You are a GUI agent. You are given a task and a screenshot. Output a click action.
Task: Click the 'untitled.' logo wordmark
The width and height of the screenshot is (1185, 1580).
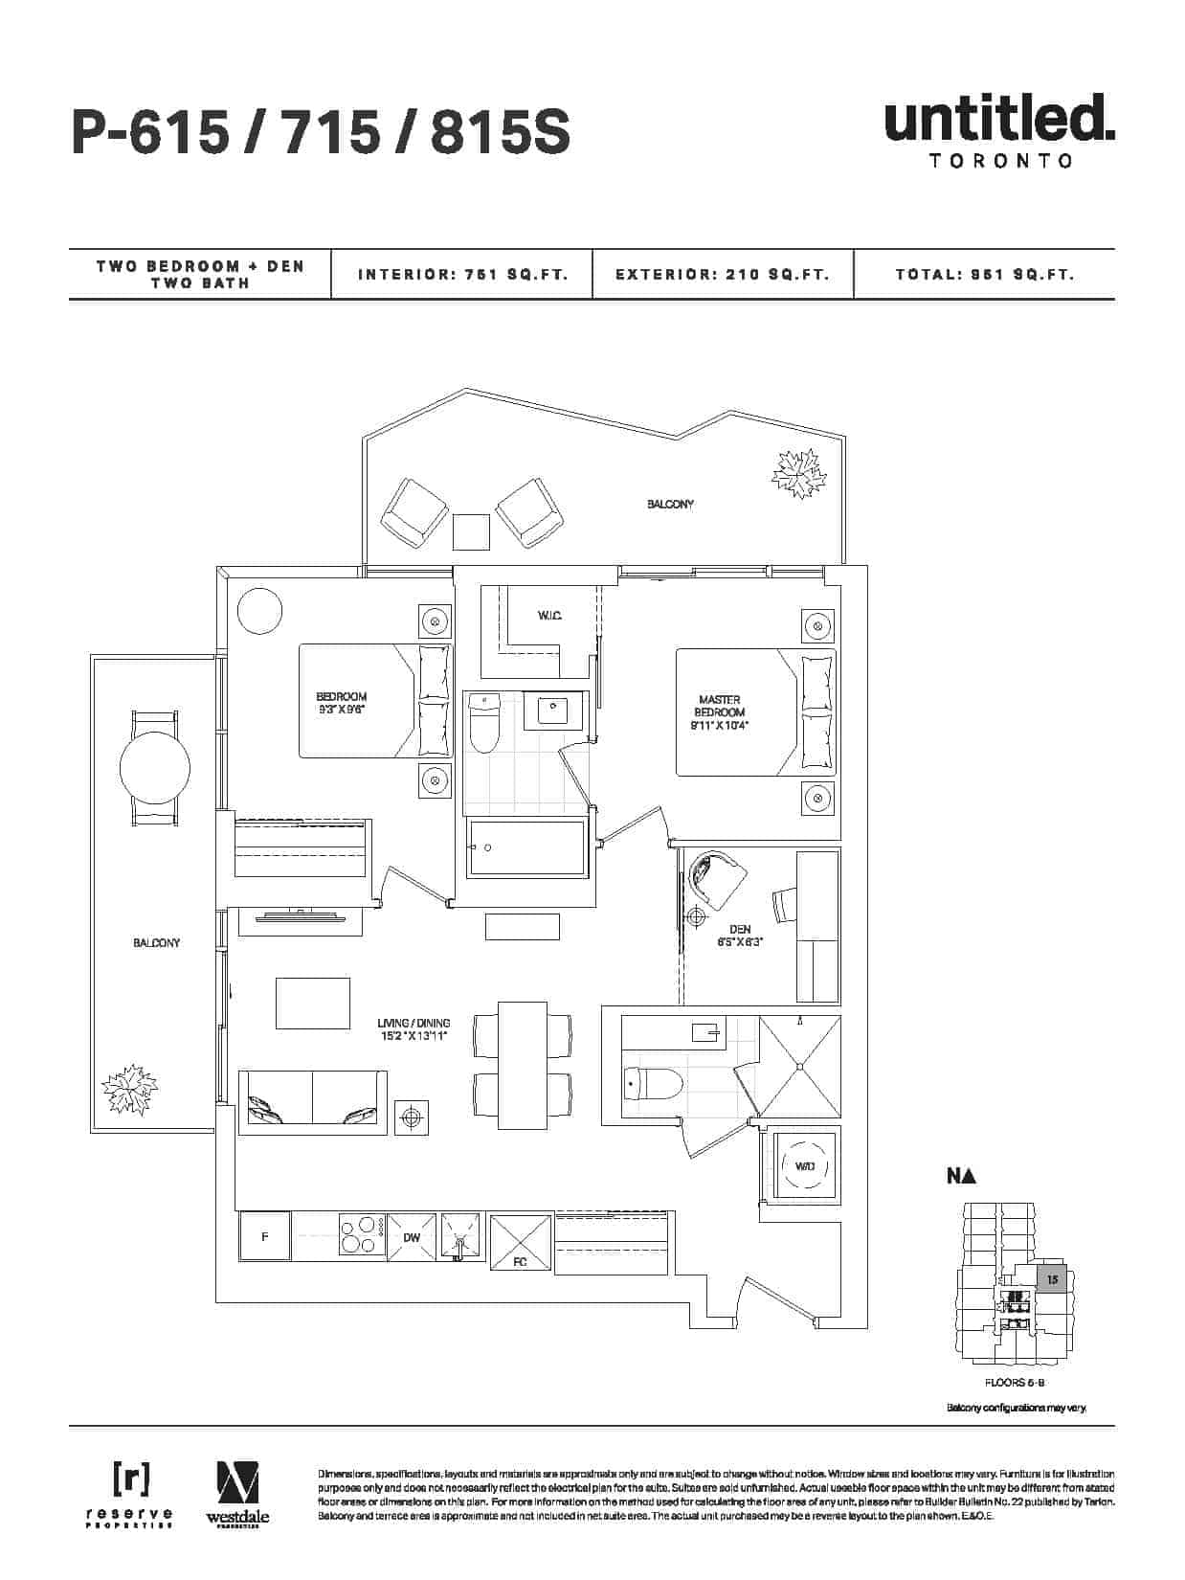(x=999, y=119)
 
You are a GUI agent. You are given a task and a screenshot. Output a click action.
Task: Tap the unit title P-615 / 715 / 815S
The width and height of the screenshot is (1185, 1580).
(x=321, y=132)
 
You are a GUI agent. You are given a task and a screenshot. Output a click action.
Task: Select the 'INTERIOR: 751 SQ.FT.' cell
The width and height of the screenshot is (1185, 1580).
(x=463, y=275)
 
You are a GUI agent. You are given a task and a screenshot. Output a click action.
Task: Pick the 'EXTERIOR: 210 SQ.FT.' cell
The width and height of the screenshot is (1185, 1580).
(x=722, y=275)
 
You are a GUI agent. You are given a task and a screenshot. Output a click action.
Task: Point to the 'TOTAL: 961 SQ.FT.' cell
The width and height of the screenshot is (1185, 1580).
(x=985, y=275)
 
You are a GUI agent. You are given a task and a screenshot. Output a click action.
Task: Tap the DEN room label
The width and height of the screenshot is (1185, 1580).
(x=740, y=935)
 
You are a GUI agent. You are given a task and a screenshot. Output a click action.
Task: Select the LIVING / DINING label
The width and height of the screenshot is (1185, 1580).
(x=414, y=1029)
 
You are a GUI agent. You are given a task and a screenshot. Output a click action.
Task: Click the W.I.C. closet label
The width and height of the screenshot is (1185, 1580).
(x=548, y=615)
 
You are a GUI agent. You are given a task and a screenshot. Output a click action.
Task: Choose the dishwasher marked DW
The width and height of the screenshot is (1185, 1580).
(x=412, y=1238)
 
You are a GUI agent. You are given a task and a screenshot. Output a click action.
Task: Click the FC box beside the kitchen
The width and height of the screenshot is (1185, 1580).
(x=521, y=1243)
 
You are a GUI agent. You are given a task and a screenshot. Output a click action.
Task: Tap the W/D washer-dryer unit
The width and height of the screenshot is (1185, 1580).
(x=804, y=1165)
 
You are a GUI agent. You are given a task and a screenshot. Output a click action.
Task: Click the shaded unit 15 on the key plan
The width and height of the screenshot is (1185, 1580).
(x=1052, y=1279)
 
